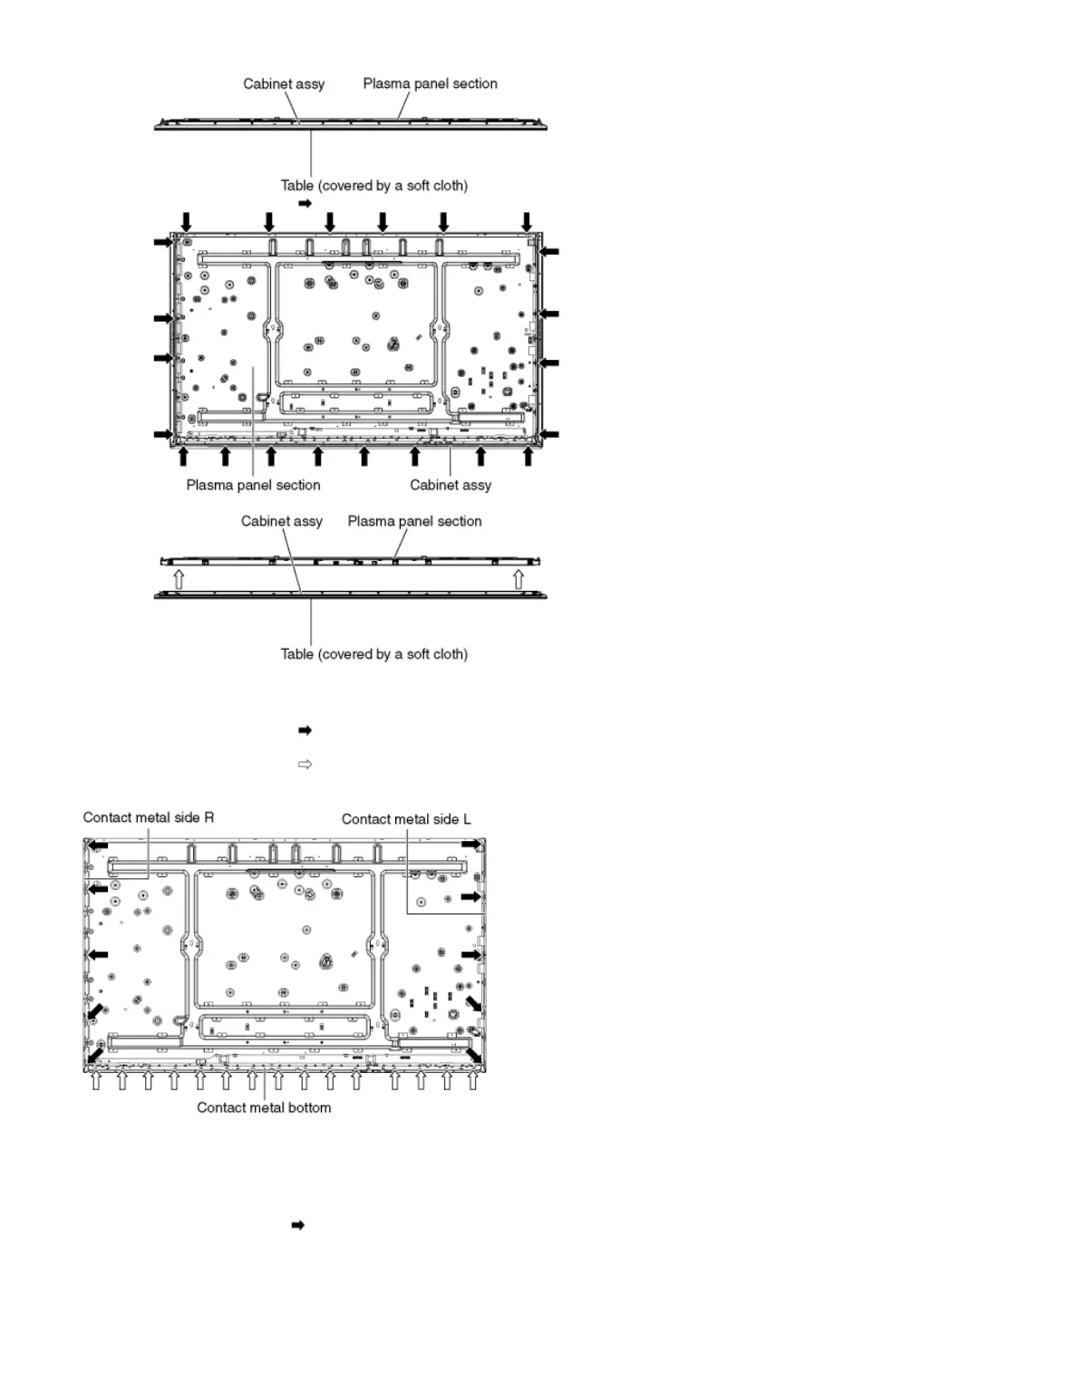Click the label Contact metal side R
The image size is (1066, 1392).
pos(149,817)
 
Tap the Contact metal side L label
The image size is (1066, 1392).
pos(406,819)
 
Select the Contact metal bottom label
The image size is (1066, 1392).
pos(264,1107)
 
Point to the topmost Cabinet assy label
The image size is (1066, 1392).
pos(284,84)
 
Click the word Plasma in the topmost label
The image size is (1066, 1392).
pos(384,83)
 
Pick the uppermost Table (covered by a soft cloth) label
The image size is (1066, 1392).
pos(373,186)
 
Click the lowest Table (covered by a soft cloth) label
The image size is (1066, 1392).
pos(373,654)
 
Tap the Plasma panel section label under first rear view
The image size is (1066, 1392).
pos(253,486)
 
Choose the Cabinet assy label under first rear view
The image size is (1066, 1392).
pos(451,486)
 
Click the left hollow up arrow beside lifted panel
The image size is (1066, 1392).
pos(179,578)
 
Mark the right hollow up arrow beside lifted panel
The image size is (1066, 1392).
pos(518,578)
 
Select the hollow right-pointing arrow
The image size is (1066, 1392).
pos(305,765)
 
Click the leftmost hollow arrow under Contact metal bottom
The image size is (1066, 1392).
pos(96,1080)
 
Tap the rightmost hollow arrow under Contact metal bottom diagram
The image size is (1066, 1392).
pos(472,1080)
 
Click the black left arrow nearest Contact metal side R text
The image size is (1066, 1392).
pos(97,846)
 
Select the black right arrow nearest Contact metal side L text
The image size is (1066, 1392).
pos(471,845)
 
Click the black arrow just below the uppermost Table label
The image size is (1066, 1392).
pos(305,204)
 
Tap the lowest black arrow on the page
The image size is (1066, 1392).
pos(296,1225)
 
